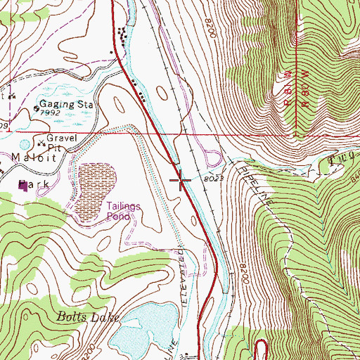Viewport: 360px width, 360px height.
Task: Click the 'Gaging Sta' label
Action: tap(69, 104)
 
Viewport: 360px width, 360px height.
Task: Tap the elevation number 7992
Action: tap(50, 112)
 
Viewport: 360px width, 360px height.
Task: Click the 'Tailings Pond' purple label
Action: tap(124, 211)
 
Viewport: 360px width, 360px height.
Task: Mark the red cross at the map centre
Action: tap(180, 181)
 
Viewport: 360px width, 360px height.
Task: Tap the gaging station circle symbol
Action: tap(37, 109)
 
